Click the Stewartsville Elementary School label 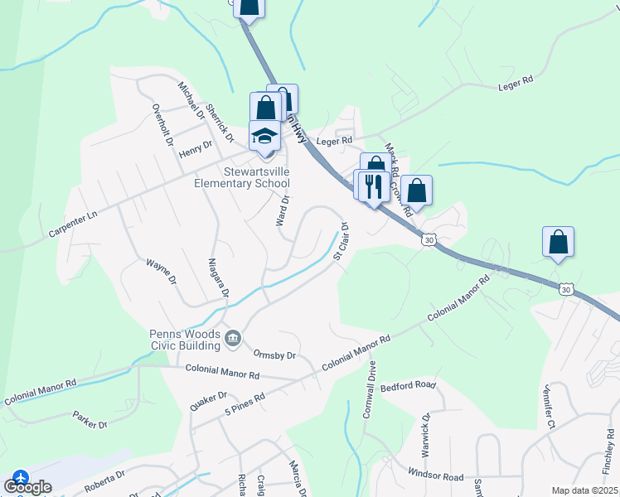pyautogui.click(x=241, y=177)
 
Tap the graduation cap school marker pyautogui.click(x=265, y=137)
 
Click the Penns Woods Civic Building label pyautogui.click(x=186, y=338)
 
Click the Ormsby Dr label pyautogui.click(x=274, y=355)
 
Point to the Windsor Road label pyautogui.click(x=436, y=476)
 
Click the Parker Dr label pyautogui.click(x=90, y=419)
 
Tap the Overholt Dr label pyautogui.click(x=162, y=125)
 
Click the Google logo pyautogui.click(x=27, y=487)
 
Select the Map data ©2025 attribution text pyautogui.click(x=584, y=490)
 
